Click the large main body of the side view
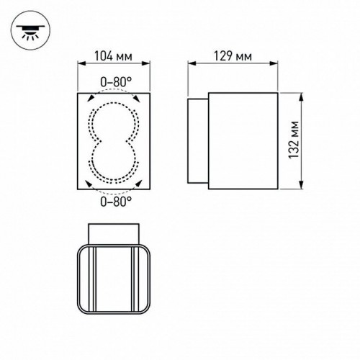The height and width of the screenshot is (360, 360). click(242, 141)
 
